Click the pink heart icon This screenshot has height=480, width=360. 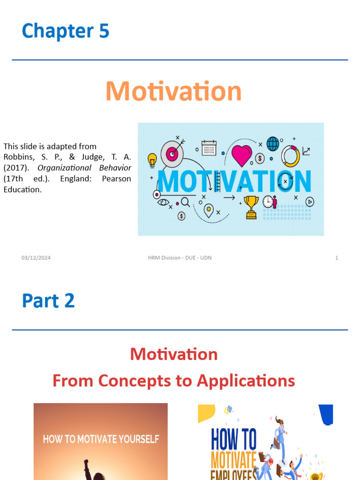[x=241, y=155]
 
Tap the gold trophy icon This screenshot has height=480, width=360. [x=251, y=207]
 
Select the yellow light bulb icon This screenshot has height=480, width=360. [x=152, y=160]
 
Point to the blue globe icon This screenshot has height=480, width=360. [x=273, y=144]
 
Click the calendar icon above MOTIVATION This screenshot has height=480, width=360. [x=209, y=148]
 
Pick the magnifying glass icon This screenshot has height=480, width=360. [x=185, y=202]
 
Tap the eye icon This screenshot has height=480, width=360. [x=163, y=202]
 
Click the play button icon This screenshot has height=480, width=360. [x=309, y=202]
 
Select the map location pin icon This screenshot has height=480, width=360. [x=209, y=210]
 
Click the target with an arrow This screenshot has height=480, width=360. [x=172, y=152]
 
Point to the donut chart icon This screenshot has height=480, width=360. [x=290, y=156]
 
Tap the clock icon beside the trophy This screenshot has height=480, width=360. [x=268, y=202]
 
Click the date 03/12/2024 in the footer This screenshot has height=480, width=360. [x=36, y=258]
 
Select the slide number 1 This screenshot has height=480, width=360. [x=337, y=258]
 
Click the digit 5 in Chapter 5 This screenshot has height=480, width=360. [x=104, y=31]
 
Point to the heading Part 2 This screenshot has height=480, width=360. [x=48, y=301]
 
